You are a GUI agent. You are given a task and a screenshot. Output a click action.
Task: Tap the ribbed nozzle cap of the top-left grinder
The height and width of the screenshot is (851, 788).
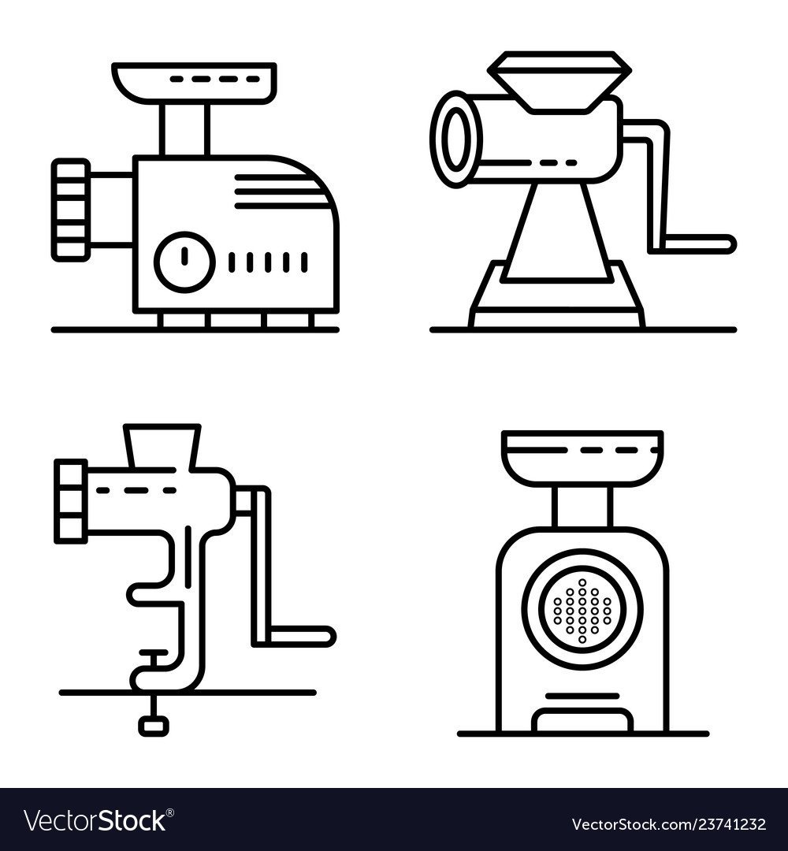[x=71, y=210]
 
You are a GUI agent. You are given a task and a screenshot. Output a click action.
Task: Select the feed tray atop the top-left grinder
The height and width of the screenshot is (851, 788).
[x=195, y=83]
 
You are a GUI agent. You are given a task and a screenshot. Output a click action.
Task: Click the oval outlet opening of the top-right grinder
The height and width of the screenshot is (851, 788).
[x=456, y=139]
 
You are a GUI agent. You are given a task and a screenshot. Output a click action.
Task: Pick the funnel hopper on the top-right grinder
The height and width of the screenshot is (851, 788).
[x=559, y=81]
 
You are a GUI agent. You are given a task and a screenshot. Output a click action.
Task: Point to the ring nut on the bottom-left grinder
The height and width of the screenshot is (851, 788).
[x=71, y=500]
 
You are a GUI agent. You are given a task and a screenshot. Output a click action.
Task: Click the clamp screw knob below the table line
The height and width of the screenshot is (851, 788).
[x=154, y=726]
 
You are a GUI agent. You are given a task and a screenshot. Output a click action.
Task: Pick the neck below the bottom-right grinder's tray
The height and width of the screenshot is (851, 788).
[x=582, y=507]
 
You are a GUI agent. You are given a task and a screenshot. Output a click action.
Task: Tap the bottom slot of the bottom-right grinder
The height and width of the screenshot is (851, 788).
[x=582, y=721]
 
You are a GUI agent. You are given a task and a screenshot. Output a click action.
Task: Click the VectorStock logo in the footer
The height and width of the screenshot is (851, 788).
[x=98, y=820]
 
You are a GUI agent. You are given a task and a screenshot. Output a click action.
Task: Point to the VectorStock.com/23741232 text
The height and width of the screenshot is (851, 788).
[x=669, y=824]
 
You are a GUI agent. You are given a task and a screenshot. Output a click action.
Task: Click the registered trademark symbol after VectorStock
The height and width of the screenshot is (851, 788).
[x=170, y=812]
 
